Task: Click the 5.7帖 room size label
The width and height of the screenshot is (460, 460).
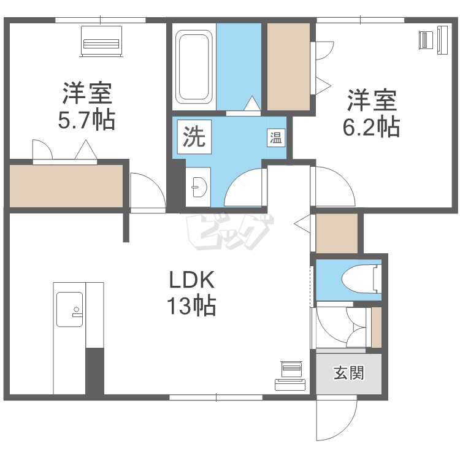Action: [x=86, y=120]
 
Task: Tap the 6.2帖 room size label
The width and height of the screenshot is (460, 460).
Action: [x=372, y=128]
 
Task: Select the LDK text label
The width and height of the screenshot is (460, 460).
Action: [x=192, y=280]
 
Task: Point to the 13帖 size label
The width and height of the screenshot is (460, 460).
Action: [x=191, y=306]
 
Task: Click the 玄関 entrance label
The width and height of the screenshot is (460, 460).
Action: [x=349, y=373]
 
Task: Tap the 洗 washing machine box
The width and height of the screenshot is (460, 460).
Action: [x=194, y=137]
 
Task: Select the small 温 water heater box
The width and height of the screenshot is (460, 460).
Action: [x=276, y=137]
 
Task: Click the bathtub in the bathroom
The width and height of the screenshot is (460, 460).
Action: [x=194, y=67]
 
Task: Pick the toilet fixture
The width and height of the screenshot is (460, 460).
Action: [x=362, y=278]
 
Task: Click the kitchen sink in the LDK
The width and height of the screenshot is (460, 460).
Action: [x=69, y=309]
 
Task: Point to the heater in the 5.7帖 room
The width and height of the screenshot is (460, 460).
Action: [x=101, y=41]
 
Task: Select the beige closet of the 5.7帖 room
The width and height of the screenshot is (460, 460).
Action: [x=66, y=186]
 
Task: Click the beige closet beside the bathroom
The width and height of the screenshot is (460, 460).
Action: [x=288, y=67]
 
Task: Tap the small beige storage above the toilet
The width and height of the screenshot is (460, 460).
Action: [x=337, y=233]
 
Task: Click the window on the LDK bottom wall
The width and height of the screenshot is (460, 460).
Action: [x=216, y=397]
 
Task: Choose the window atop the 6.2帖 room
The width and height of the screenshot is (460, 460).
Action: [x=360, y=20]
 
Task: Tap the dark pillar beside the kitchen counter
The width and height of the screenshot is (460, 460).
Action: [x=94, y=371]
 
